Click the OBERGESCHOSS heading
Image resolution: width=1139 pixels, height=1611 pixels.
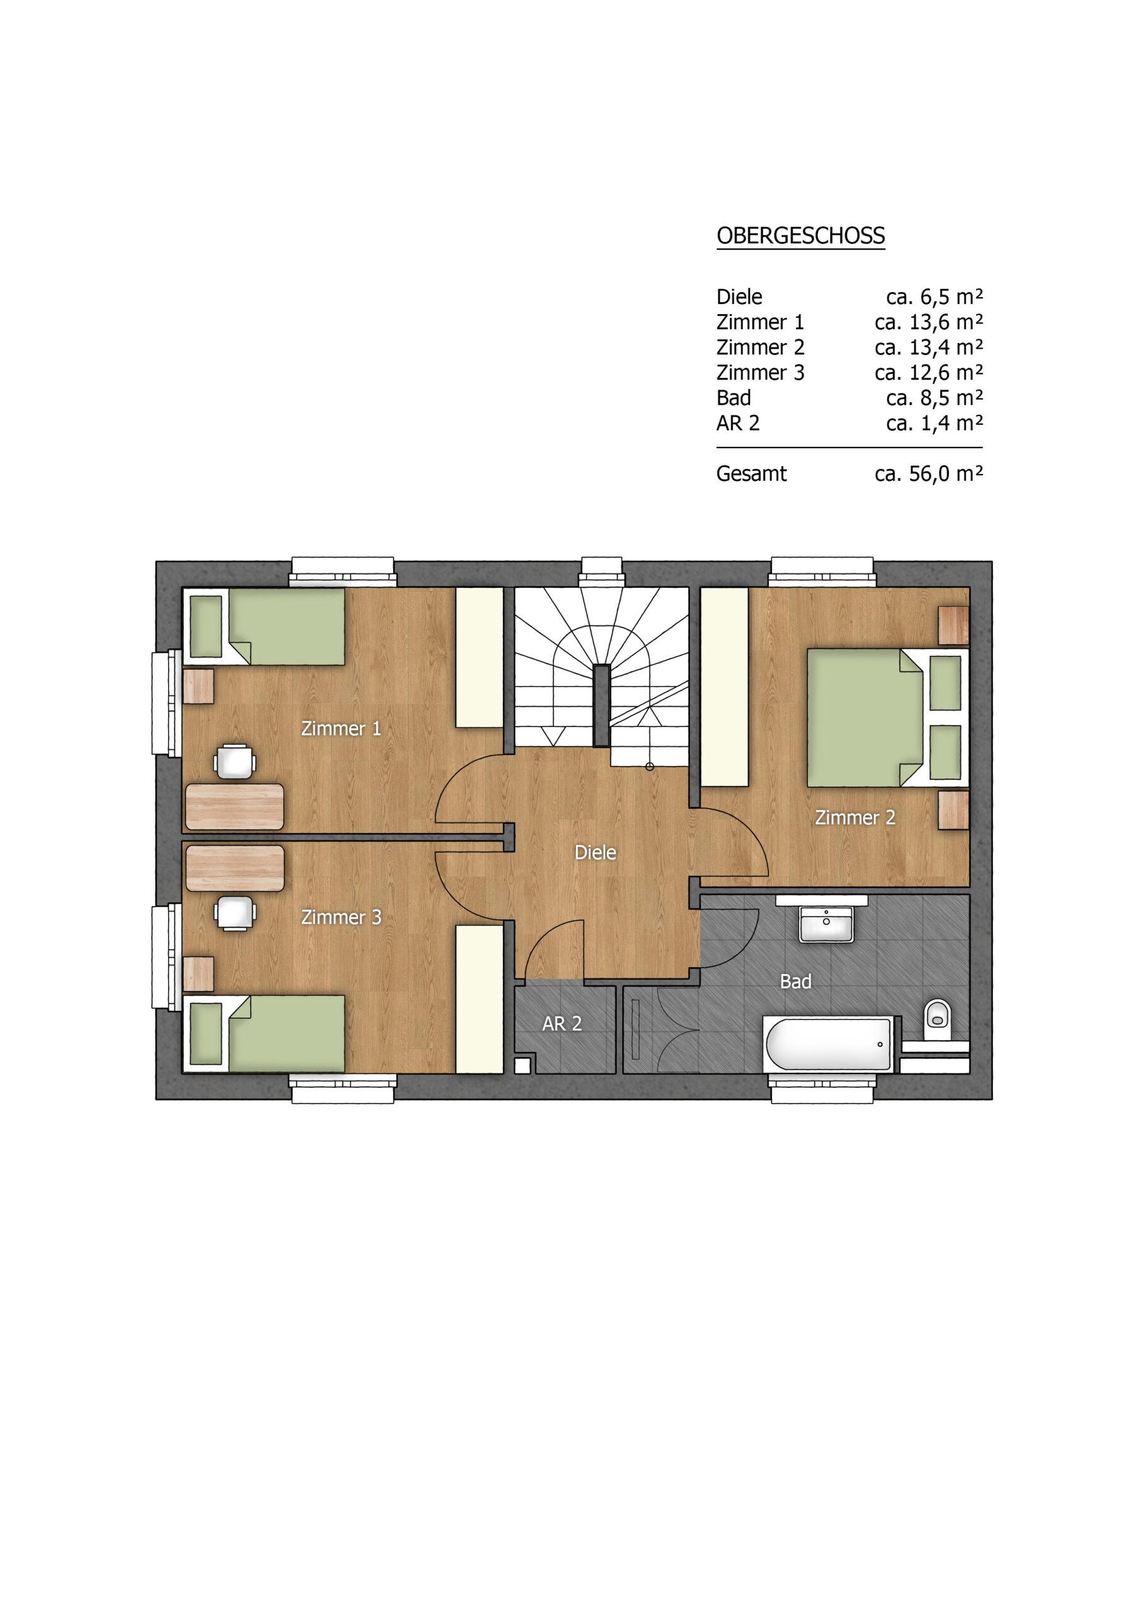(800, 236)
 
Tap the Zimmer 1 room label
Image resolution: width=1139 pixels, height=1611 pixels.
(341, 728)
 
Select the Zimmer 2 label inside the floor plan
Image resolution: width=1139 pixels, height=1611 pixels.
(855, 817)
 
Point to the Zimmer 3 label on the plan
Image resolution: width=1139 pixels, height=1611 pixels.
(341, 917)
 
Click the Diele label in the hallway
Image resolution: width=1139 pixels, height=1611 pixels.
(595, 853)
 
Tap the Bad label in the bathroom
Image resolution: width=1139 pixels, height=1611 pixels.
(796, 981)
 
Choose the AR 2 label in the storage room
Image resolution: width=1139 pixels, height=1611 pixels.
(562, 1024)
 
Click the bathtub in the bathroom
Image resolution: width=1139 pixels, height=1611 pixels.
(828, 1043)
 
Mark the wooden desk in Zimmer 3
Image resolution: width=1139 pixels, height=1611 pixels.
(234, 868)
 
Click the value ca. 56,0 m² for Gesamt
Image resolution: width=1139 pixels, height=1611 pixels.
(928, 474)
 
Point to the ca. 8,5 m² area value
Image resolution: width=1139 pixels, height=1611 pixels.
(934, 398)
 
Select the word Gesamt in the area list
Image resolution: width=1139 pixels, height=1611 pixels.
(751, 474)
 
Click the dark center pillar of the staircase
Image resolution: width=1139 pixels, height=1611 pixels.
(602, 704)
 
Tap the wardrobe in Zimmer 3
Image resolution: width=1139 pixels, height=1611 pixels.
(480, 999)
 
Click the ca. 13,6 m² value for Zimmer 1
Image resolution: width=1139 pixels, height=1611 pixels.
(928, 322)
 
